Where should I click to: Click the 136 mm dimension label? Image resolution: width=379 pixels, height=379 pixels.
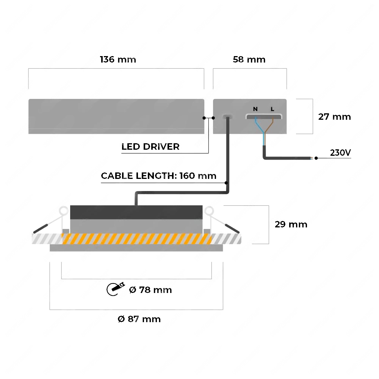[118, 60]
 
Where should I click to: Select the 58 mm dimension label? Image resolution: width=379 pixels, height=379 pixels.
[249, 60]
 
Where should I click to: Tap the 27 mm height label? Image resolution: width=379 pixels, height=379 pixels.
[335, 117]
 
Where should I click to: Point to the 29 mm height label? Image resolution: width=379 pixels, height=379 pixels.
[291, 224]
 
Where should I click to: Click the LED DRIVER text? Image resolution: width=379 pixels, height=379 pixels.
[150, 146]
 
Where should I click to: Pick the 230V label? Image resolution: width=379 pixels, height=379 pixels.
[340, 152]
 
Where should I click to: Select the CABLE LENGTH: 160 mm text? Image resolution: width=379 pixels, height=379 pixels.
[158, 176]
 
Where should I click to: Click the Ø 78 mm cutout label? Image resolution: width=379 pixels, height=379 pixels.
[150, 290]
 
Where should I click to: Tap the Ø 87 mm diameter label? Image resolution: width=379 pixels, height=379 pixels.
[139, 319]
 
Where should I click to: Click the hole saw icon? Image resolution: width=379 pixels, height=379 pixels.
[116, 288]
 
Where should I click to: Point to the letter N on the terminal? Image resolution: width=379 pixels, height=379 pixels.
[255, 109]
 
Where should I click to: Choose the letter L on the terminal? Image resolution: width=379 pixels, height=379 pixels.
[273, 109]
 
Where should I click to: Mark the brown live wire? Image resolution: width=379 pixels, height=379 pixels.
[269, 128]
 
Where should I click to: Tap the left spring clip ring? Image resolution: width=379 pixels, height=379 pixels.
[64, 211]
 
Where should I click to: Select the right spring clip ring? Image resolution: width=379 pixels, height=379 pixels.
[209, 211]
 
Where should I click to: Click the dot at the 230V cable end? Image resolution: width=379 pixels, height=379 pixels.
[316, 158]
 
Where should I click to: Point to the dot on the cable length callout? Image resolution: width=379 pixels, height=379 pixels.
[226, 183]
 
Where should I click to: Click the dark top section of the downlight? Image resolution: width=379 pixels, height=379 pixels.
[136, 212]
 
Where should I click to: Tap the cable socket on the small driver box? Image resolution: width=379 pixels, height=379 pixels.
[227, 117]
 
